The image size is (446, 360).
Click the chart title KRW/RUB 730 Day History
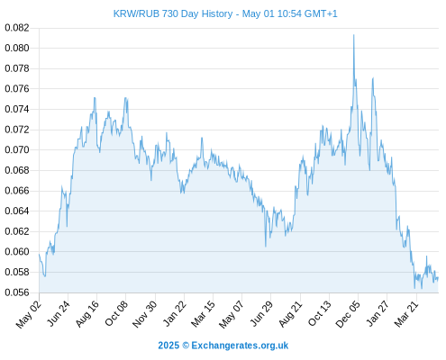click(173, 13)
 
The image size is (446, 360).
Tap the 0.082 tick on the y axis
click(17, 28)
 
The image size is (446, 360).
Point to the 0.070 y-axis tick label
click(17, 149)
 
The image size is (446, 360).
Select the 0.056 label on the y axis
click(17, 292)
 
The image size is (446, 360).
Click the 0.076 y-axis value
click(17, 89)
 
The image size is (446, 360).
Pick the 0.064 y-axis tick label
click(17, 211)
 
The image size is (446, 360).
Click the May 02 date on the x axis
click(29, 314)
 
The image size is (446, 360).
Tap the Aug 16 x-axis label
click(86, 314)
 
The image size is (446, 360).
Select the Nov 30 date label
click(144, 314)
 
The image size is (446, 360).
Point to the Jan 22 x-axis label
click(174, 314)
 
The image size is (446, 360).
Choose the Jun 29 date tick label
click(261, 314)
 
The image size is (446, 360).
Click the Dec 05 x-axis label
click(348, 314)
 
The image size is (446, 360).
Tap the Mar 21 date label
click(406, 314)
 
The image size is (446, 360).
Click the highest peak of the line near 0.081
click(354, 35)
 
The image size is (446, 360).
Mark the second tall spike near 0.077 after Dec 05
click(373, 78)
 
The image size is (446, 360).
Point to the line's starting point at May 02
click(39, 254)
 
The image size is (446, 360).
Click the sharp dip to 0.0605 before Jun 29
click(266, 247)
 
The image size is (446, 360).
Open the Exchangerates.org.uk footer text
click(240, 346)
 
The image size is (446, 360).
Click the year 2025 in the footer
click(168, 346)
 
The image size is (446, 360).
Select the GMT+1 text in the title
click(321, 13)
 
